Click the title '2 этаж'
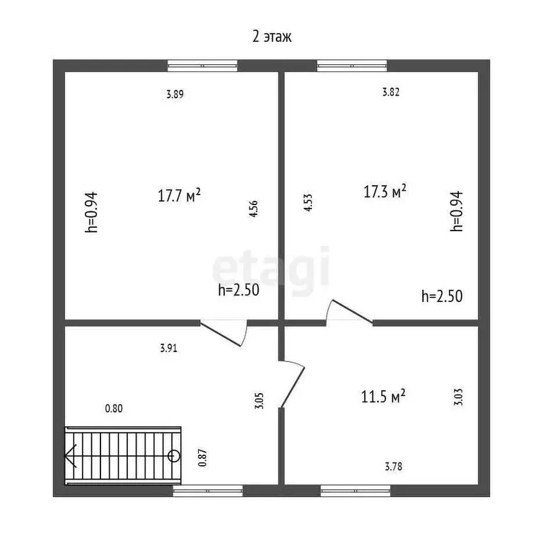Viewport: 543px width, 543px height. click(271, 36)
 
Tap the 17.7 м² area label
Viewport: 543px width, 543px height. click(179, 195)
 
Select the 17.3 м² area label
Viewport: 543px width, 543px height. click(385, 191)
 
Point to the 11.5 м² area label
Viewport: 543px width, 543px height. click(383, 396)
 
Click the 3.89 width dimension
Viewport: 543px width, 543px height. click(175, 94)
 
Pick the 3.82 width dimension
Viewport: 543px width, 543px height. click(390, 92)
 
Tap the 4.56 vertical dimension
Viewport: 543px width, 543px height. click(254, 209)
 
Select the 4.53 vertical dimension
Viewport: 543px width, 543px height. click(308, 203)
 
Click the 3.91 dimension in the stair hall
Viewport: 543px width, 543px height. click(169, 348)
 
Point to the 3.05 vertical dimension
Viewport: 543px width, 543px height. click(259, 401)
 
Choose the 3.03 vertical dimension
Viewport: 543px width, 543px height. click(458, 397)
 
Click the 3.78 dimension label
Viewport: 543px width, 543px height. click(394, 467)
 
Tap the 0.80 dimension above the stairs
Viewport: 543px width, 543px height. click(114, 409)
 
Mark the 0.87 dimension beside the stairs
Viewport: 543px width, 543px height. click(202, 458)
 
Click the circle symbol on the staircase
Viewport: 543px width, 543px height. click(173, 456)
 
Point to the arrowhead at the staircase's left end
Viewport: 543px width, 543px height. click(70, 456)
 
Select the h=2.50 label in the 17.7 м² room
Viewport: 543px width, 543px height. click(238, 290)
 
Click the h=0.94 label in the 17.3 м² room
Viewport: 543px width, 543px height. click(457, 211)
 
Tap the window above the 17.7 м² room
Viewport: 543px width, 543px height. click(203, 66)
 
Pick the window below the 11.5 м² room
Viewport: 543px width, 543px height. click(356, 491)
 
